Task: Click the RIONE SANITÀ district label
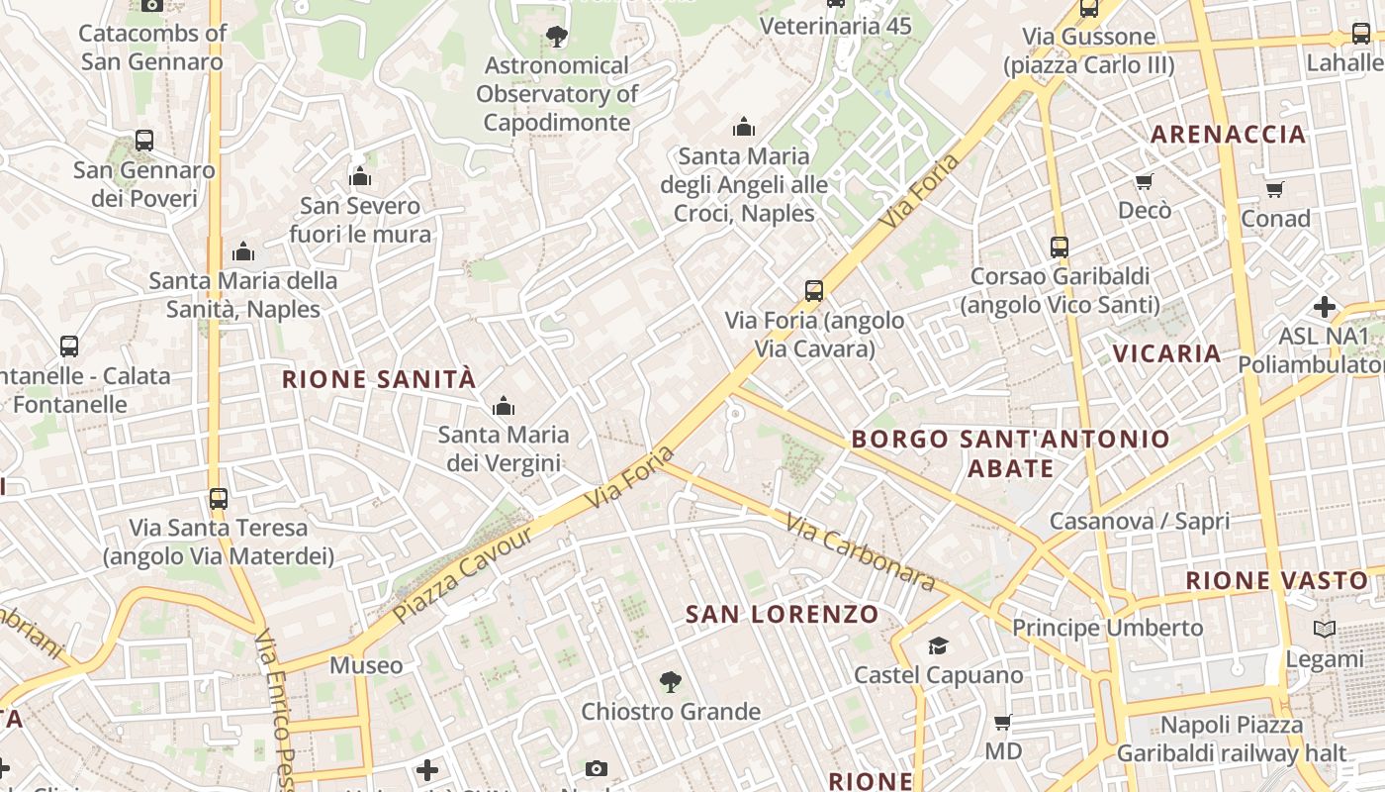click(379, 379)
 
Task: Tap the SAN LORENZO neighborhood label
click(782, 614)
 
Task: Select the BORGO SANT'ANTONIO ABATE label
click(1010, 452)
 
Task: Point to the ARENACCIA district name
click(1229, 135)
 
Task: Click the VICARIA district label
click(1166, 353)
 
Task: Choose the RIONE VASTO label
click(1276, 581)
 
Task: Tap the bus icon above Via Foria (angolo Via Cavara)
click(814, 291)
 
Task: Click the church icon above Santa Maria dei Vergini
click(504, 406)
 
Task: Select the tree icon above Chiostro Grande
click(671, 682)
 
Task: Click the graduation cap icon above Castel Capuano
click(938, 646)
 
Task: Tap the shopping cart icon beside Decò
click(1145, 181)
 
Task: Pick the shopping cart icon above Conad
click(1275, 189)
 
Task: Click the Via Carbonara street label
click(861, 552)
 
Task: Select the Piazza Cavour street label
click(463, 575)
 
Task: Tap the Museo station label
click(366, 665)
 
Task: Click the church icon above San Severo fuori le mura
click(360, 177)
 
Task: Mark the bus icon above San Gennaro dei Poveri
click(144, 141)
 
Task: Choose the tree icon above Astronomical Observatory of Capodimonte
click(557, 37)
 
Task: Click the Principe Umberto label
click(1107, 628)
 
